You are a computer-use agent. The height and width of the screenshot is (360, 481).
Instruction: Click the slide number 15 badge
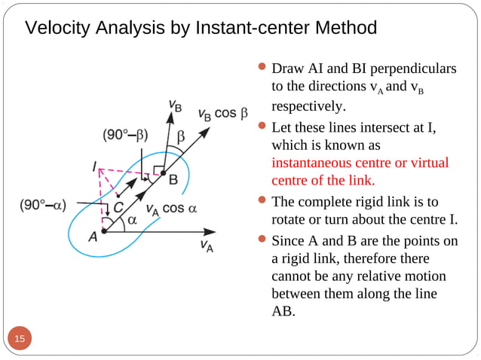19,339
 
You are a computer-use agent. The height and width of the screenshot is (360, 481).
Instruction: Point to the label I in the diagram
94,166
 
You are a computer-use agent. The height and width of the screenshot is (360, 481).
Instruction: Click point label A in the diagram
93,236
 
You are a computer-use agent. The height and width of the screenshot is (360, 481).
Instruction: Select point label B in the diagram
173,179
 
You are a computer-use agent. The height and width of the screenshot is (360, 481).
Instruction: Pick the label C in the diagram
119,205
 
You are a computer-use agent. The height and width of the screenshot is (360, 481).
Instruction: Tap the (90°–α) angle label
42,204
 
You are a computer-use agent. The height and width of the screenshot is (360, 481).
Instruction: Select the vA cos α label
170,209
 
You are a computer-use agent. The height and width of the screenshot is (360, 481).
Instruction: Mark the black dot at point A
103,231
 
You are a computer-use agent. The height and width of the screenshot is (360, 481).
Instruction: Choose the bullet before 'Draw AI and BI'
262,69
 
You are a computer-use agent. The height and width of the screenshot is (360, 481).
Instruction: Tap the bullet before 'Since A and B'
262,241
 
